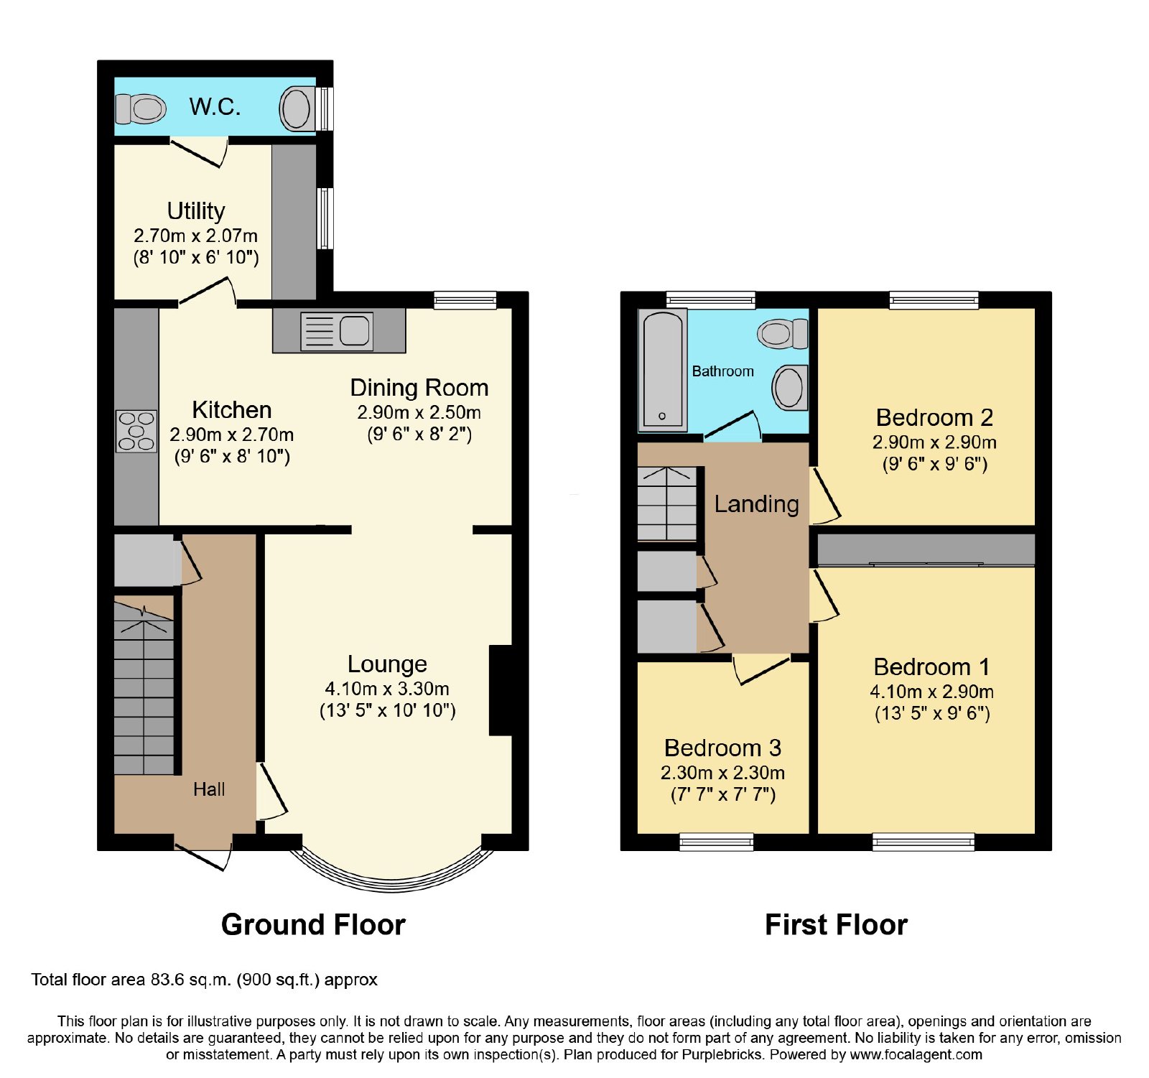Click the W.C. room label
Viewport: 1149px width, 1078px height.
[215, 107]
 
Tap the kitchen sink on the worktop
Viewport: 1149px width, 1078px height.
[337, 331]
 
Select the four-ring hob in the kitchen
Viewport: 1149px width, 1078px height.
[136, 431]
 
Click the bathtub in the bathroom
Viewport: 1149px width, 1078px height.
[663, 370]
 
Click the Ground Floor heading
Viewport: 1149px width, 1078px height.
[313, 924]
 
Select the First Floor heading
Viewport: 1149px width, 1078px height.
[836, 924]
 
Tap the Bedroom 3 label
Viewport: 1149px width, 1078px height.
[722, 748]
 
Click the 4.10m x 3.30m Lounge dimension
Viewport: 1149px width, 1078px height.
[387, 689]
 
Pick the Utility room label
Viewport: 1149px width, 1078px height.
[196, 210]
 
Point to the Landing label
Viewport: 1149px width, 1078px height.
[756, 504]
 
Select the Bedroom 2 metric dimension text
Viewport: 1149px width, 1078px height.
[934, 442]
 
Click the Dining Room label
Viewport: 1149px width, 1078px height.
[419, 388]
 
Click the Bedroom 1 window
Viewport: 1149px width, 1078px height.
[924, 842]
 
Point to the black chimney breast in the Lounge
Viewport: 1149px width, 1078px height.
[501, 690]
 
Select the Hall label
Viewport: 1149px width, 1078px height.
[209, 789]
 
